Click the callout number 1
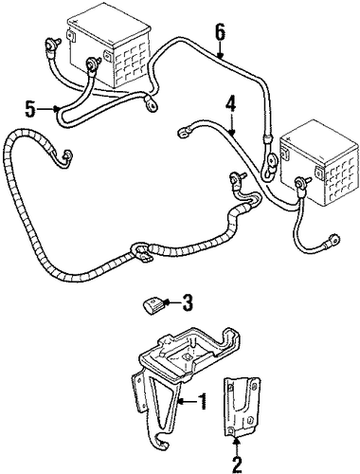202,401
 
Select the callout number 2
237,464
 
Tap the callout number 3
187,302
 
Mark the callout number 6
220,31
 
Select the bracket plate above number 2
242,407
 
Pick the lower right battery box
320,163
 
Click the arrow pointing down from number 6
220,50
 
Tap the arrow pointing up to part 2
237,446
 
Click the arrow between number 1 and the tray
188,402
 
